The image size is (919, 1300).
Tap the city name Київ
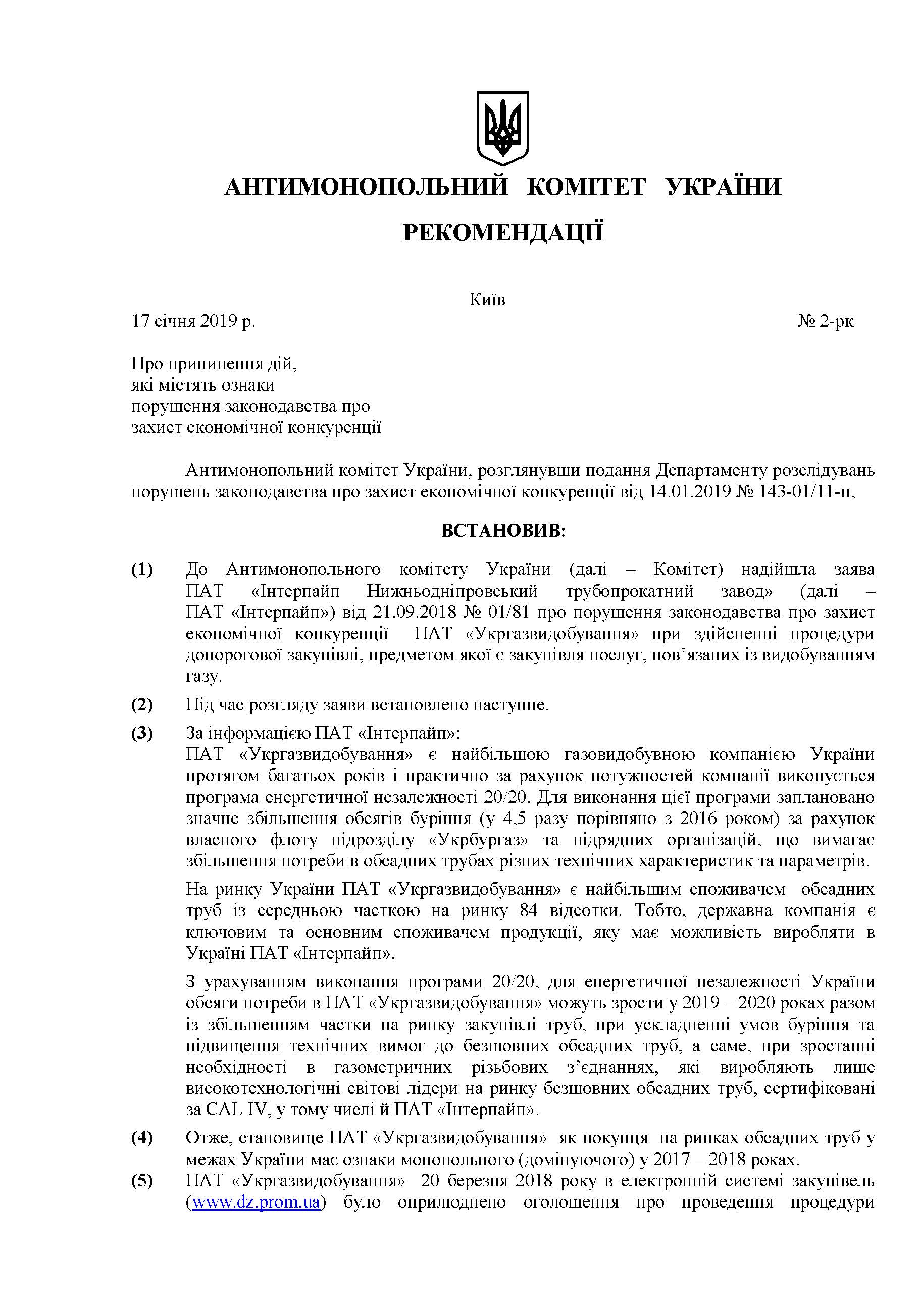click(x=487, y=300)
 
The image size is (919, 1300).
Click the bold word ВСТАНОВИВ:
click(x=503, y=531)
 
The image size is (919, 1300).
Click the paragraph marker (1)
click(x=142, y=569)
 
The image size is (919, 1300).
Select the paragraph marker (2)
click(x=142, y=705)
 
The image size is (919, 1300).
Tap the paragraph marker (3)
click(x=142, y=733)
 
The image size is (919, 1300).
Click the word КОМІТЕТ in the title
click(x=586, y=186)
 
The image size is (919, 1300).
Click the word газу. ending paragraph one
click(x=203, y=676)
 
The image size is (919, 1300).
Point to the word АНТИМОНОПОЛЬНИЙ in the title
click(x=366, y=186)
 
